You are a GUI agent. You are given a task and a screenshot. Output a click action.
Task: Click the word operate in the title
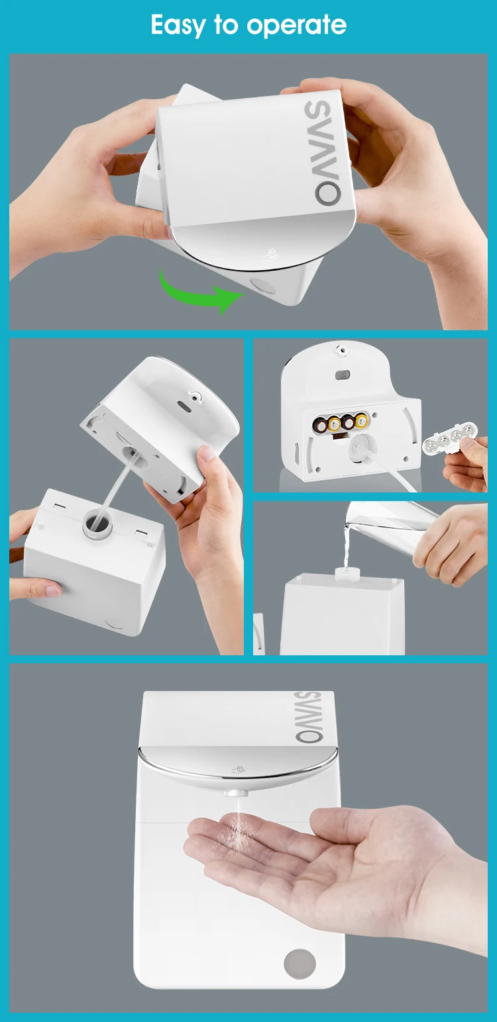click(x=296, y=26)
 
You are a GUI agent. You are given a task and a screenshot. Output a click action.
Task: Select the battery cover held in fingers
click(x=451, y=438)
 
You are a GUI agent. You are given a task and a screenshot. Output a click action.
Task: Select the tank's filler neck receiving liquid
click(x=347, y=573)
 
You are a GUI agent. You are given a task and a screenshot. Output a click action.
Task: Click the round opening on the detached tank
click(x=97, y=523)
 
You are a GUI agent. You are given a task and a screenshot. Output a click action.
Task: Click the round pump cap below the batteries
click(x=359, y=449)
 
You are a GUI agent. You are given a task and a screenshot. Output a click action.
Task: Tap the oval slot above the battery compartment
click(x=342, y=375)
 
